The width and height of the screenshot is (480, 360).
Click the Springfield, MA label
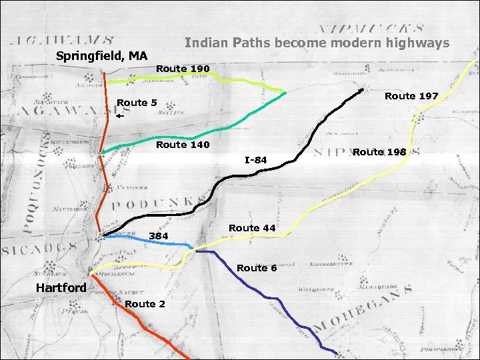(x=102, y=55)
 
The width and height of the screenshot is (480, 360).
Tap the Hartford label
(x=61, y=287)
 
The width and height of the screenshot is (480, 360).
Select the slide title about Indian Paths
(x=317, y=43)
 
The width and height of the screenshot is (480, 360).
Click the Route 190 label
(x=183, y=69)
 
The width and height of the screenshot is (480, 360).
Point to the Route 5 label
(x=137, y=102)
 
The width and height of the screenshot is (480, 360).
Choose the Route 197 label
(x=411, y=96)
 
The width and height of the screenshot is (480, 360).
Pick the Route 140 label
(x=183, y=145)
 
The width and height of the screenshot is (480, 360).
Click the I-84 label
(x=255, y=159)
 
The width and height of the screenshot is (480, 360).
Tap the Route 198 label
(x=379, y=152)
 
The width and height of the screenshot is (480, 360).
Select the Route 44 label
(x=252, y=228)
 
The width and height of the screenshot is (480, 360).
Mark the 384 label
(x=159, y=236)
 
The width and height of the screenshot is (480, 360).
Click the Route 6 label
(x=257, y=268)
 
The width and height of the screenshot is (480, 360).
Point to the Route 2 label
(x=145, y=304)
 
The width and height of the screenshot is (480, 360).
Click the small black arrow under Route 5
(x=119, y=116)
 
